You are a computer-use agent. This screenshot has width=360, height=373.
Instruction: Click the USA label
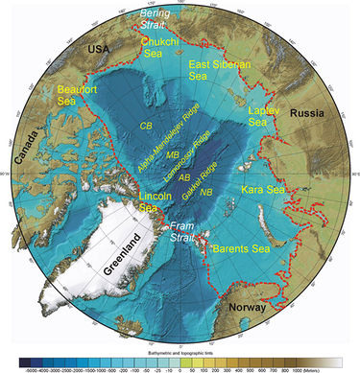pyautogui.click(x=98, y=46)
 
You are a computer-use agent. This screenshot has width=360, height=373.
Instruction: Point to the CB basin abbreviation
pyautogui.click(x=147, y=126)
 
